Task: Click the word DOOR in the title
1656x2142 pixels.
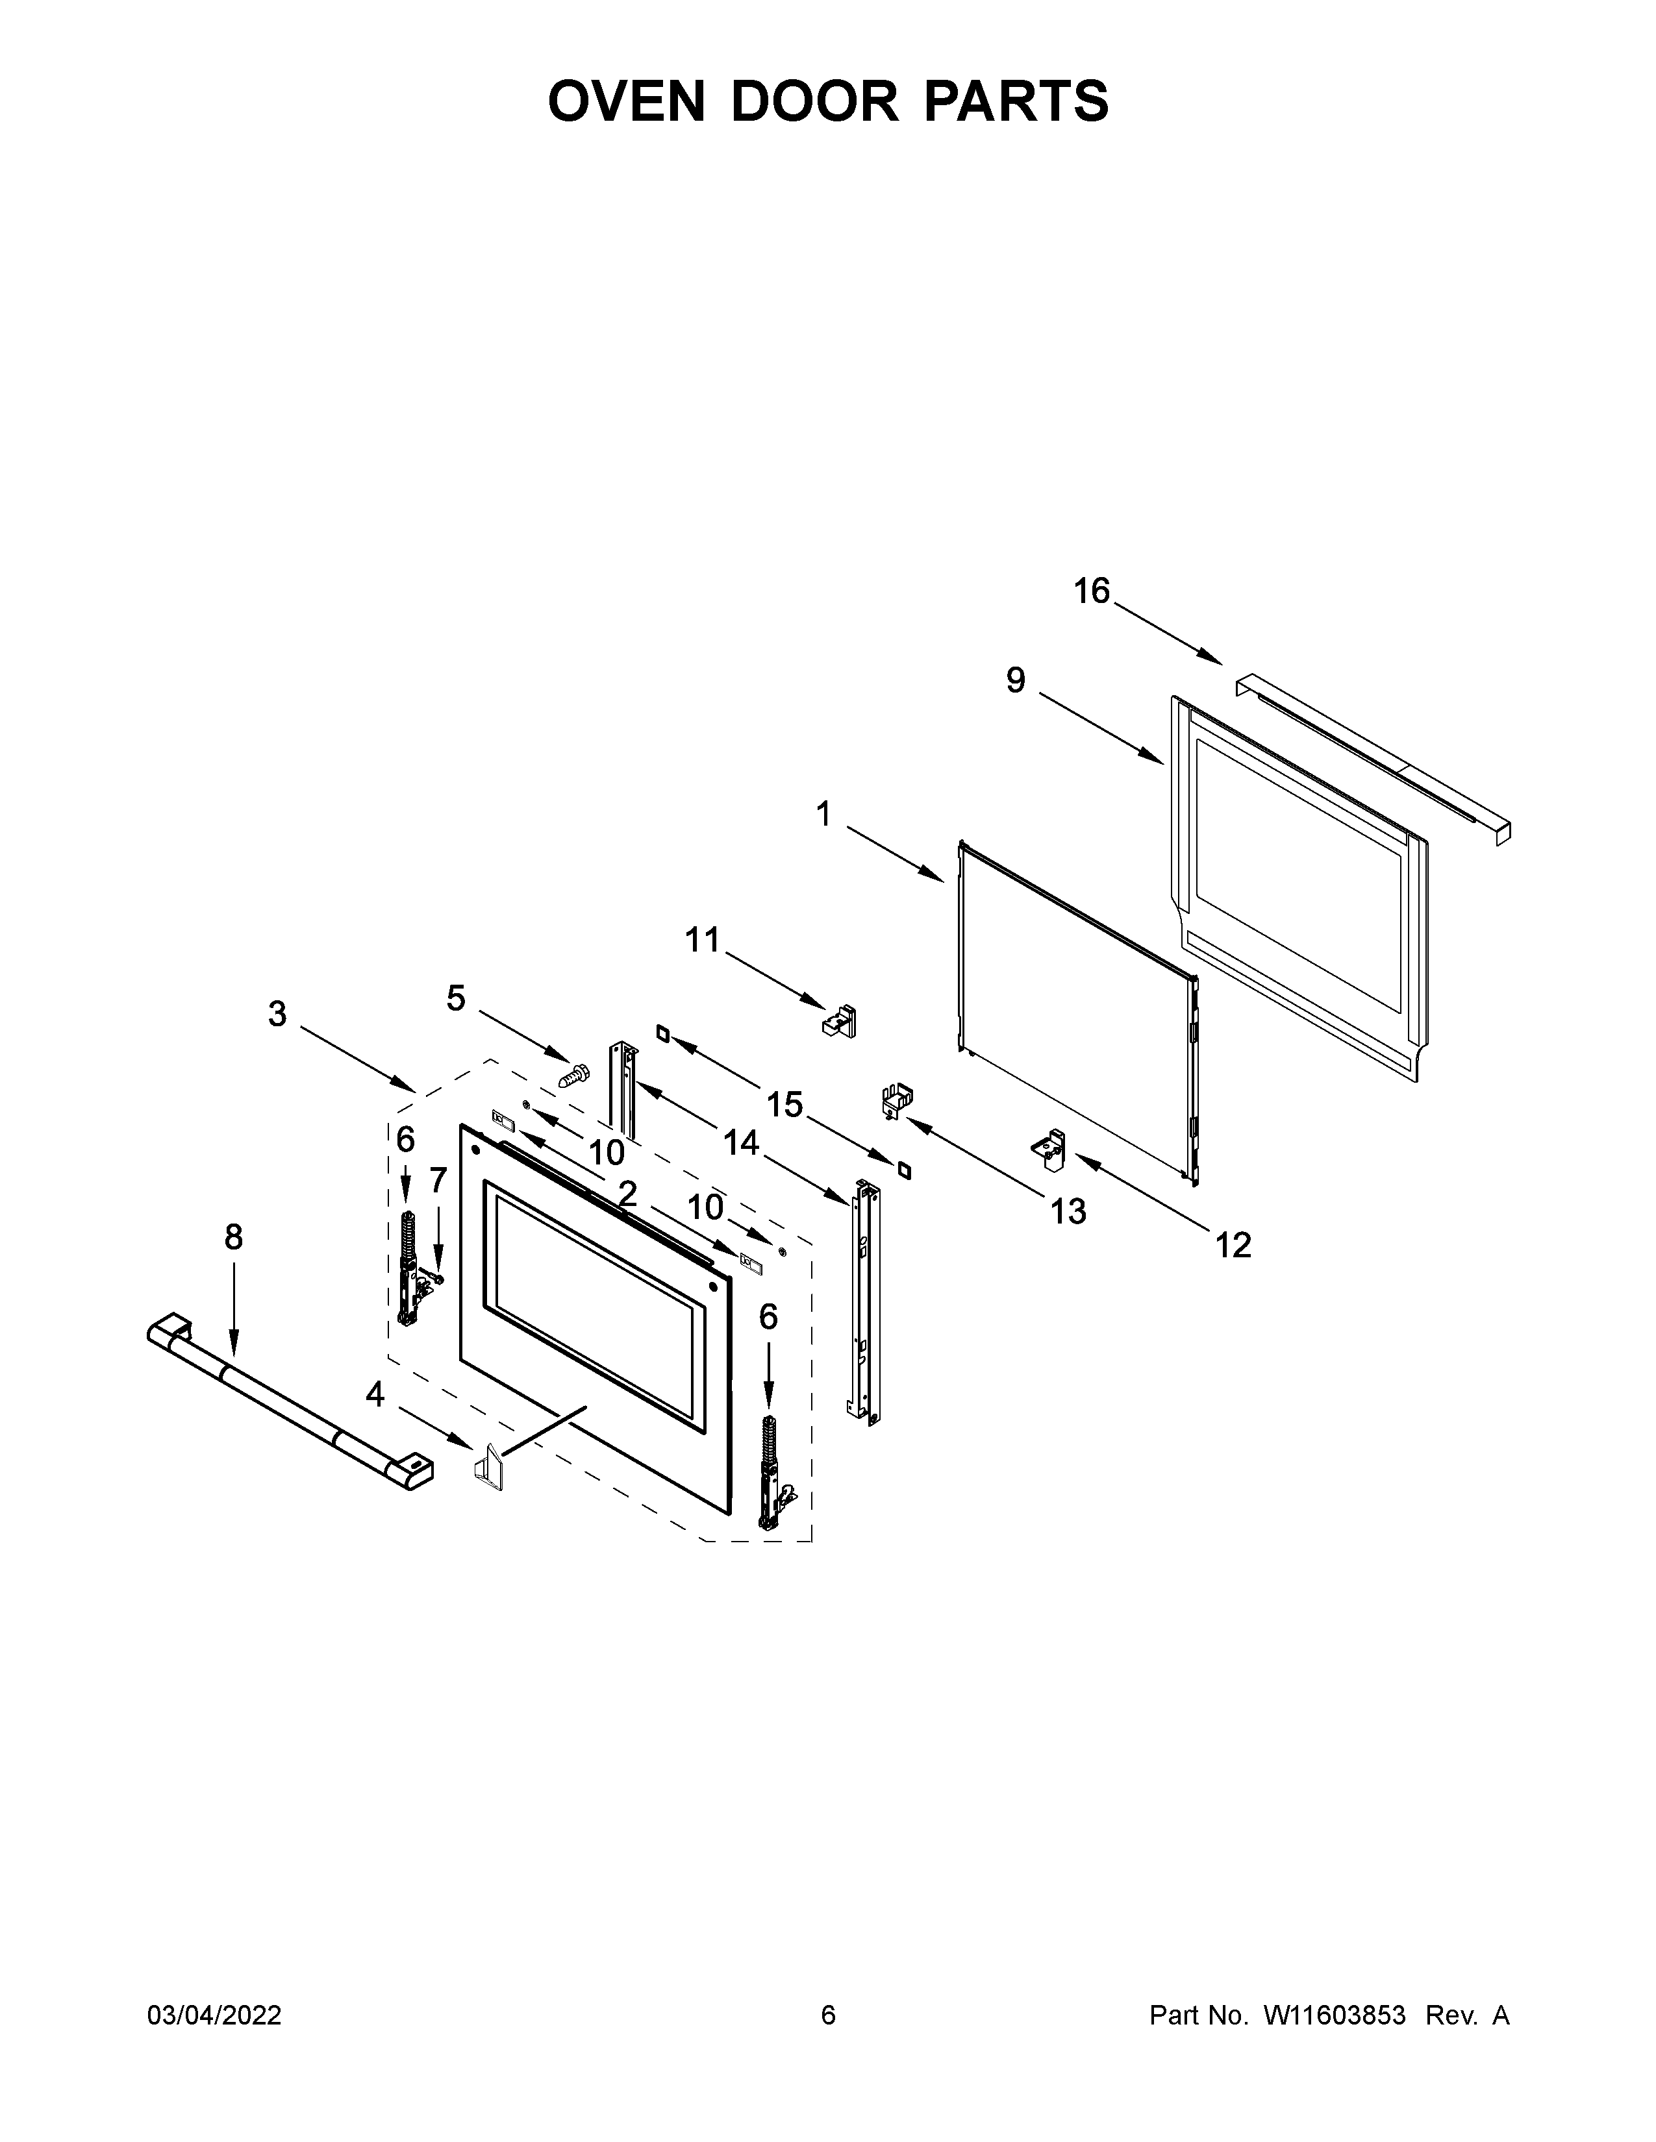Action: click(813, 101)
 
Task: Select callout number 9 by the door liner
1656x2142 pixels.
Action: click(1016, 680)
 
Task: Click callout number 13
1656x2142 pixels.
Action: click(1068, 1211)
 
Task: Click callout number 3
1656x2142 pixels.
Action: click(278, 1013)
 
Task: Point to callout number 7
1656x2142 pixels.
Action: click(438, 1180)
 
